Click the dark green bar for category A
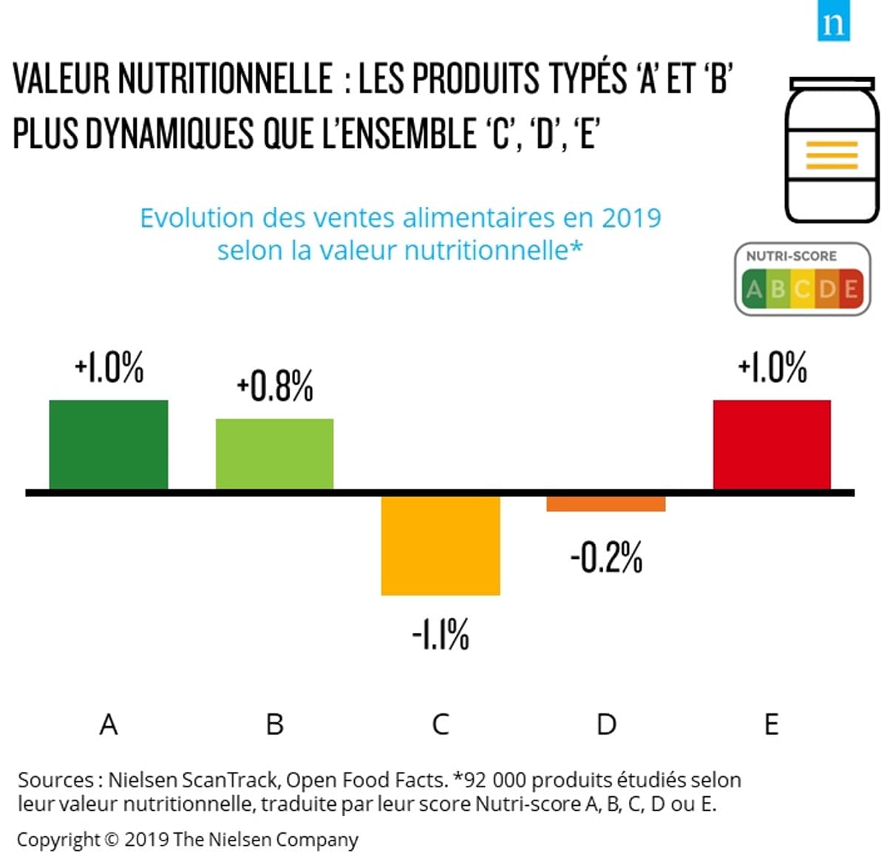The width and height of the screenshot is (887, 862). pyautogui.click(x=109, y=444)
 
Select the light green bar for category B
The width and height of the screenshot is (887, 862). pyautogui.click(x=274, y=453)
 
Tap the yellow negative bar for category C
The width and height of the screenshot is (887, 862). pyautogui.click(x=441, y=545)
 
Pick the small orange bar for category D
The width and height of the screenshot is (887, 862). pyautogui.click(x=606, y=503)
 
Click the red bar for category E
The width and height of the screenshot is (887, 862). pyautogui.click(x=772, y=444)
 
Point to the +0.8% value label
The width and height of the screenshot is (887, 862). pyautogui.click(x=275, y=386)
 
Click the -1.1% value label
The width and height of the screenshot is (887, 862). pyautogui.click(x=441, y=634)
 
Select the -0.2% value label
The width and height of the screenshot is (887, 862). pyautogui.click(x=606, y=557)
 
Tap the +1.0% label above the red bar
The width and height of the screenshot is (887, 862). pyautogui.click(x=772, y=367)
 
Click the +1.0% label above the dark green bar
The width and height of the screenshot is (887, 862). pyautogui.click(x=109, y=367)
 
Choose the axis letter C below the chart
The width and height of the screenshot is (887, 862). pyautogui.click(x=441, y=724)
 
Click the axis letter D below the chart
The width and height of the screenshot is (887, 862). pyautogui.click(x=606, y=724)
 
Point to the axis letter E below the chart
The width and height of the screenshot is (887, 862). pyautogui.click(x=772, y=724)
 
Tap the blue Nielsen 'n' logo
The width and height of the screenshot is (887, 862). pyautogui.click(x=833, y=23)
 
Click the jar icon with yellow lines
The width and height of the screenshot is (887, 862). pyautogui.click(x=832, y=149)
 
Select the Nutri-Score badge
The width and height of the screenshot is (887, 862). pyautogui.click(x=803, y=279)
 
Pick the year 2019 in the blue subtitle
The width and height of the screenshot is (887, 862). pyautogui.click(x=631, y=218)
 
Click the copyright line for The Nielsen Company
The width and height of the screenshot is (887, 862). pyautogui.click(x=187, y=840)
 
